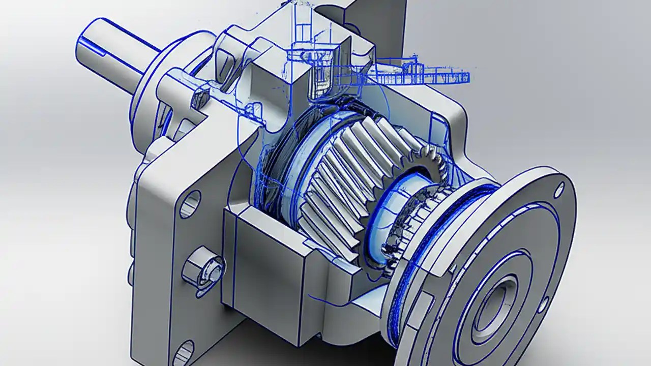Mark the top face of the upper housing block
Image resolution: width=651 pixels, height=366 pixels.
coord(275,56)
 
